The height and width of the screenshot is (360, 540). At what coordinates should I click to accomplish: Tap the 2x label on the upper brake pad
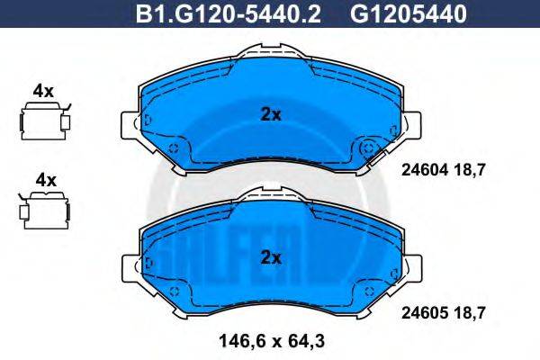(271, 115)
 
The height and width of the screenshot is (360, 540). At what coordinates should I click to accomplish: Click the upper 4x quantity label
(43, 90)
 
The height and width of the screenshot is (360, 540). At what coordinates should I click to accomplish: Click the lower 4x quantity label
(43, 180)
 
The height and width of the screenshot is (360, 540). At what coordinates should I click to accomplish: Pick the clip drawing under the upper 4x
(43, 120)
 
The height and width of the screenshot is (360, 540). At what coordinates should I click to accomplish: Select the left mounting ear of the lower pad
(129, 266)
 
